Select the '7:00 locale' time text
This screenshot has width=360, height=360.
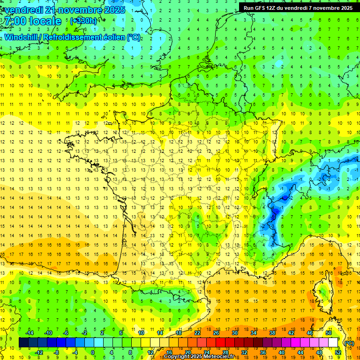[32, 21]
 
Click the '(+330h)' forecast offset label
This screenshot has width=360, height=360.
[83, 21]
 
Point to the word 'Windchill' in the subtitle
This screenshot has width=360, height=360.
[22, 37]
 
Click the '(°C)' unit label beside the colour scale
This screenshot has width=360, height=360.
[348, 343]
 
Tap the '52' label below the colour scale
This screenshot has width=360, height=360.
[338, 352]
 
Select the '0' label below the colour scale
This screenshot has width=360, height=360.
[93, 352]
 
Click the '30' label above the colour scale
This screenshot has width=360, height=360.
[234, 333]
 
